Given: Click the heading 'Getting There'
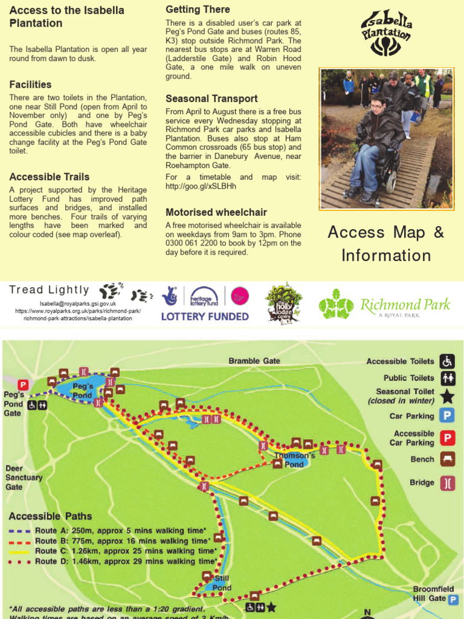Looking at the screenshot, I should coord(198,10).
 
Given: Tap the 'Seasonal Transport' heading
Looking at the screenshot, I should coord(211,99).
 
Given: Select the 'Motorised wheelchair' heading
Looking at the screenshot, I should coord(216,212).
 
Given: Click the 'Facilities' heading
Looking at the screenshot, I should coord(30,85).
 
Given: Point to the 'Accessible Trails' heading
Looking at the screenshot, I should coord(50,177).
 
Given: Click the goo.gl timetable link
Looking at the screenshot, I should coord(201,186).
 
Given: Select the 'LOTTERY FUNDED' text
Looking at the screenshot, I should coord(205,316).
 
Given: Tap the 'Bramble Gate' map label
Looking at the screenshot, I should coord(254,361).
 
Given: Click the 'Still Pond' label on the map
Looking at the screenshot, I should coord(222,583).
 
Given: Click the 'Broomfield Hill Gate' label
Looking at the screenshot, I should coord(429,594).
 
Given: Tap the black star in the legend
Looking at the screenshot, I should coord(447,397).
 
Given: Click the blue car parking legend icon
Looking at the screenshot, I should coord(447,416).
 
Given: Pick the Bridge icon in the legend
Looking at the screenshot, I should coord(447,483).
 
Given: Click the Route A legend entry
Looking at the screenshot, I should coord(109,531).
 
